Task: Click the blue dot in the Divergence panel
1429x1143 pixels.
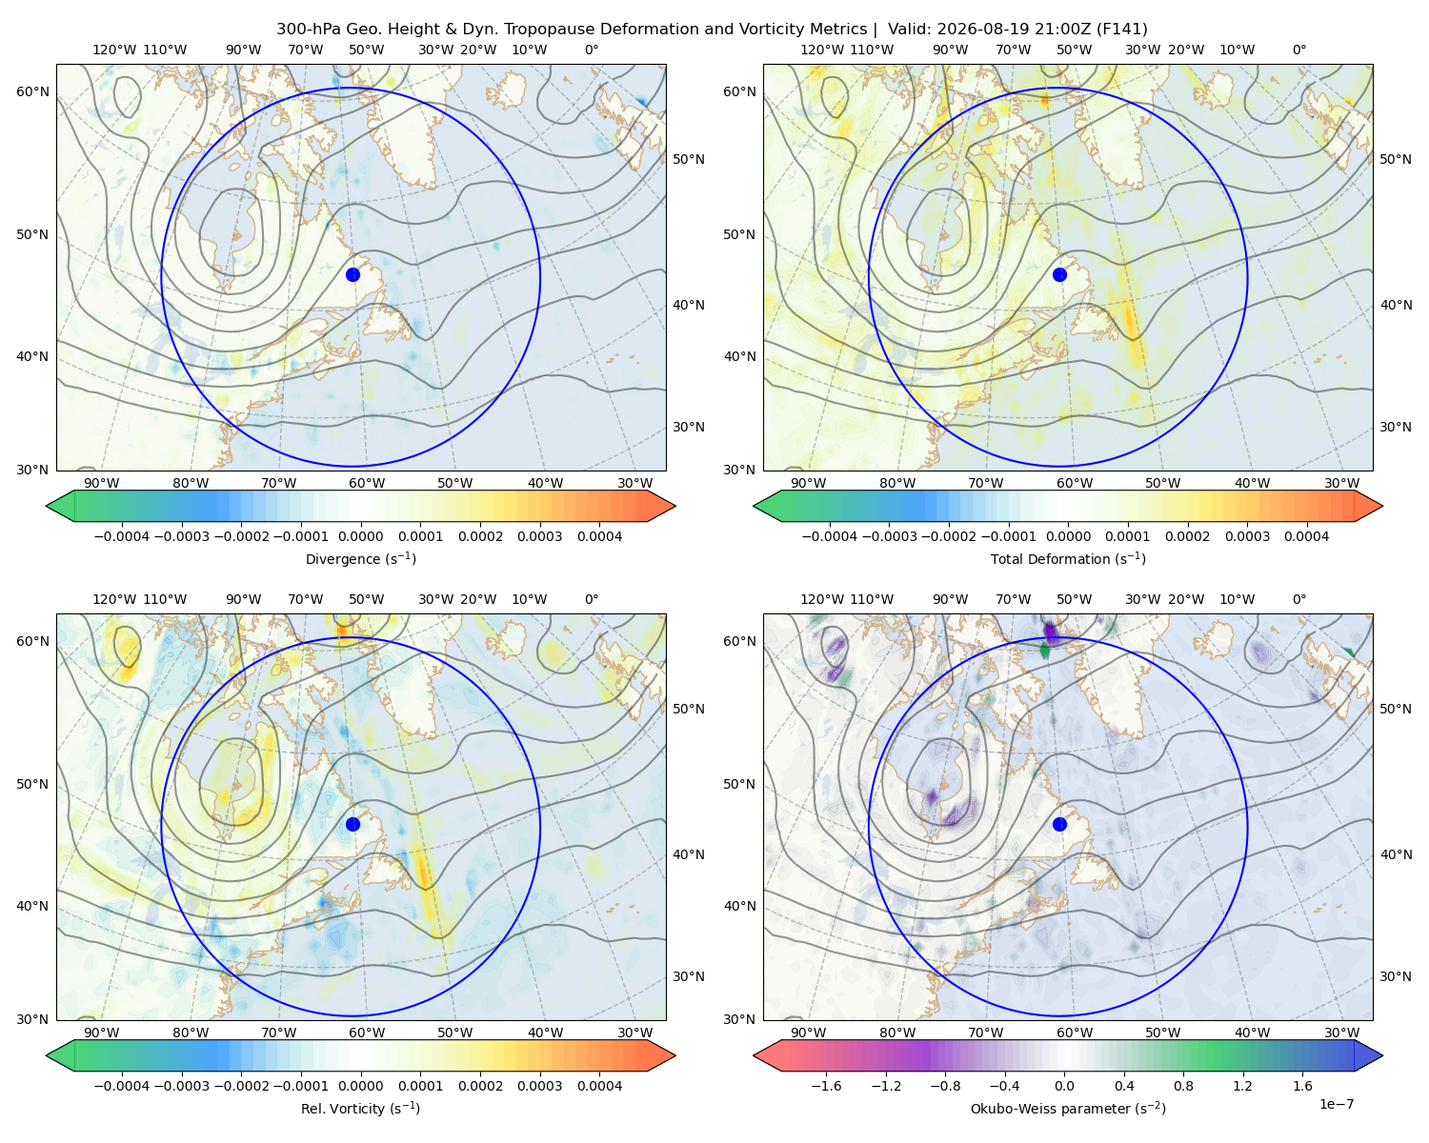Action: tap(352, 274)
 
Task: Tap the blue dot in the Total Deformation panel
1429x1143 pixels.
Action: tap(1059, 274)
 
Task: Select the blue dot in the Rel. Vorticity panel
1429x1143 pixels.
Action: tap(352, 824)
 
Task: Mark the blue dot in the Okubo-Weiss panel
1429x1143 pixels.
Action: tap(1059, 824)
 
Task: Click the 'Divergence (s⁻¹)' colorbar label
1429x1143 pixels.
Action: tap(360, 558)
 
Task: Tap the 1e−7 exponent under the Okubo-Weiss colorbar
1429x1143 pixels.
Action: tap(1336, 1104)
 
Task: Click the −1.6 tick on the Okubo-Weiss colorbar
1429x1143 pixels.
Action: tap(826, 1086)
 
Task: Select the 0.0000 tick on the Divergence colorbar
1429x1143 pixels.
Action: tap(360, 536)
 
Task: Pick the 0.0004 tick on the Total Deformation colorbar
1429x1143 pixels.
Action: tap(1307, 536)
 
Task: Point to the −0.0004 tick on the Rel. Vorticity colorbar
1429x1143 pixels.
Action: tap(122, 1086)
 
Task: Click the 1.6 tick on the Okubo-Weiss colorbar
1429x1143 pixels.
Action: tap(1303, 1086)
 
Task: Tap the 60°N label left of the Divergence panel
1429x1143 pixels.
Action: tap(32, 91)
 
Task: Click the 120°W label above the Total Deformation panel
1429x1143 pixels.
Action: tap(822, 50)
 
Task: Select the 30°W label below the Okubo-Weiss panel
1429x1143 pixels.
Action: tap(1342, 1033)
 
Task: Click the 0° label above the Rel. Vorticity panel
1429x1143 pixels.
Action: tap(592, 599)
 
